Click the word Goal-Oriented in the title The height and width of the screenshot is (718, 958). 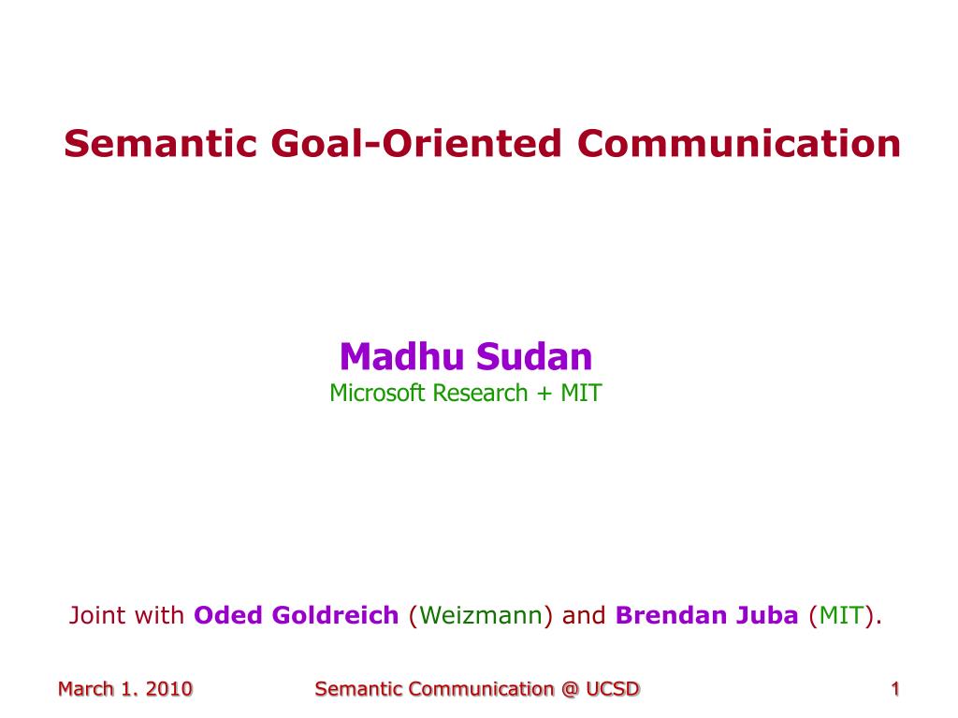[416, 143]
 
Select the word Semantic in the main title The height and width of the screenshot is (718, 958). [160, 143]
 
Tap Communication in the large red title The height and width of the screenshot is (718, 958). [739, 143]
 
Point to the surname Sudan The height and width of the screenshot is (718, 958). [534, 356]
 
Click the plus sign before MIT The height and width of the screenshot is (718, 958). [544, 395]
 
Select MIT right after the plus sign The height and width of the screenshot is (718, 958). [581, 394]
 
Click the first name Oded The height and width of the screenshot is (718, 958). [228, 615]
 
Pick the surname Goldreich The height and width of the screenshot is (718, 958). [336, 615]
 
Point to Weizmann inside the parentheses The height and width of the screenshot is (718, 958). [481, 615]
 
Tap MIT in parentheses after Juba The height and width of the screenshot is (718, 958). [842, 615]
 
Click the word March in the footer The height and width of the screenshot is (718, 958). [86, 689]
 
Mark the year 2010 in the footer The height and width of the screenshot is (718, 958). [169, 689]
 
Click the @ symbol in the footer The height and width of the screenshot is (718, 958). [570, 689]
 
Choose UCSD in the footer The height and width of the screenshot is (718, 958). [613, 689]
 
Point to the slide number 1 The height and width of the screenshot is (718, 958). [895, 689]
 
